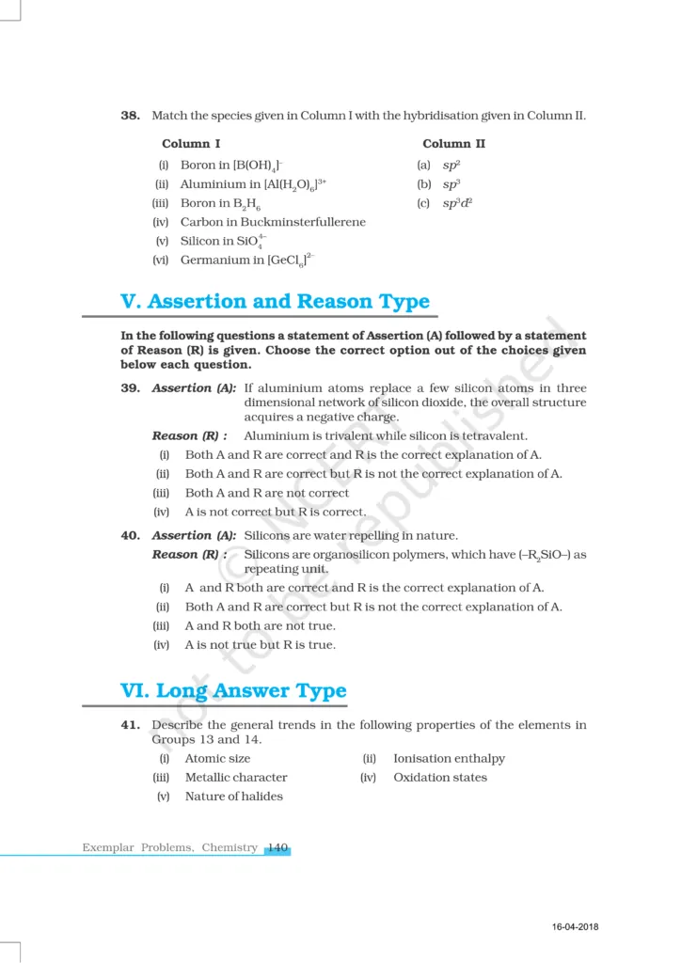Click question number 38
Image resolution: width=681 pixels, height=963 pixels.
click(131, 116)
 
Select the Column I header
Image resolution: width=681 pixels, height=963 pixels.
click(191, 144)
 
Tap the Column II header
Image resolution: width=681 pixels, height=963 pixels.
click(453, 144)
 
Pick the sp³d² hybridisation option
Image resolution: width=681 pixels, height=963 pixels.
click(457, 203)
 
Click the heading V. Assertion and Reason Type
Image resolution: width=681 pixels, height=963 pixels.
click(275, 302)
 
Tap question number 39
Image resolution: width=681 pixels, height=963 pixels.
click(131, 388)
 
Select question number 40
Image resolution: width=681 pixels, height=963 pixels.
click(131, 535)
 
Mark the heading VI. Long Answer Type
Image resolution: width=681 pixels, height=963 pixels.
click(233, 691)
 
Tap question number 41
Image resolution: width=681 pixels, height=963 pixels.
click(131, 725)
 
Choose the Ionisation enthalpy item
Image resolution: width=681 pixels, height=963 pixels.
click(449, 759)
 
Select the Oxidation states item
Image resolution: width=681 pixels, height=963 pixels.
click(440, 778)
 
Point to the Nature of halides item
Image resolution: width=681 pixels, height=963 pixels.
click(233, 797)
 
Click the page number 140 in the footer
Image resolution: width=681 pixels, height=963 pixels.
click(277, 847)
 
